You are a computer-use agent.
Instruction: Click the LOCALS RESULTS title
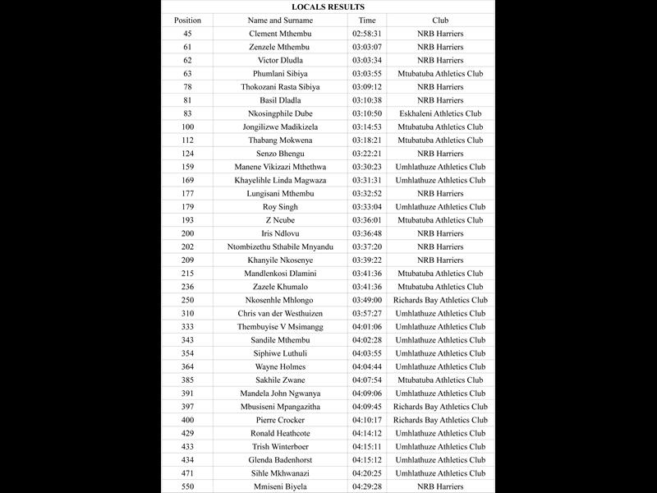click(328, 7)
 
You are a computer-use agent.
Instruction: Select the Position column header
click(187, 20)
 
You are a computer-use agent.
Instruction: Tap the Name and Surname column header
click(280, 20)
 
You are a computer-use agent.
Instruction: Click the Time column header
click(367, 20)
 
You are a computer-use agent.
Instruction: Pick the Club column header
click(440, 20)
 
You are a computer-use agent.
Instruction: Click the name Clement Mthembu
click(280, 34)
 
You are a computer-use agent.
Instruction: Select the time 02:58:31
click(367, 34)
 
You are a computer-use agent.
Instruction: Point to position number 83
click(187, 113)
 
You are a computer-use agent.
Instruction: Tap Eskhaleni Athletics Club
click(440, 113)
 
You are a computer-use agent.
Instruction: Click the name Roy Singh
click(280, 207)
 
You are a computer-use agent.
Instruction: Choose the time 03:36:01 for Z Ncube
click(367, 220)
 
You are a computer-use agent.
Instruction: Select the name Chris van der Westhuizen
click(280, 313)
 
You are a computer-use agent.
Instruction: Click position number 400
click(187, 420)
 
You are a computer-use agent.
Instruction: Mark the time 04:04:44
click(367, 366)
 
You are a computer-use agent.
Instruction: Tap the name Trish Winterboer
click(280, 446)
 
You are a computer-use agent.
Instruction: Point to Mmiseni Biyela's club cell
click(440, 486)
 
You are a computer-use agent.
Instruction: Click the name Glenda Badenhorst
click(280, 460)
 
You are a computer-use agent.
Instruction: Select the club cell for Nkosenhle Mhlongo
click(440, 300)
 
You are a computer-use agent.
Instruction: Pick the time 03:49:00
click(367, 300)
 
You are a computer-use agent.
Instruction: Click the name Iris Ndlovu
click(280, 233)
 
